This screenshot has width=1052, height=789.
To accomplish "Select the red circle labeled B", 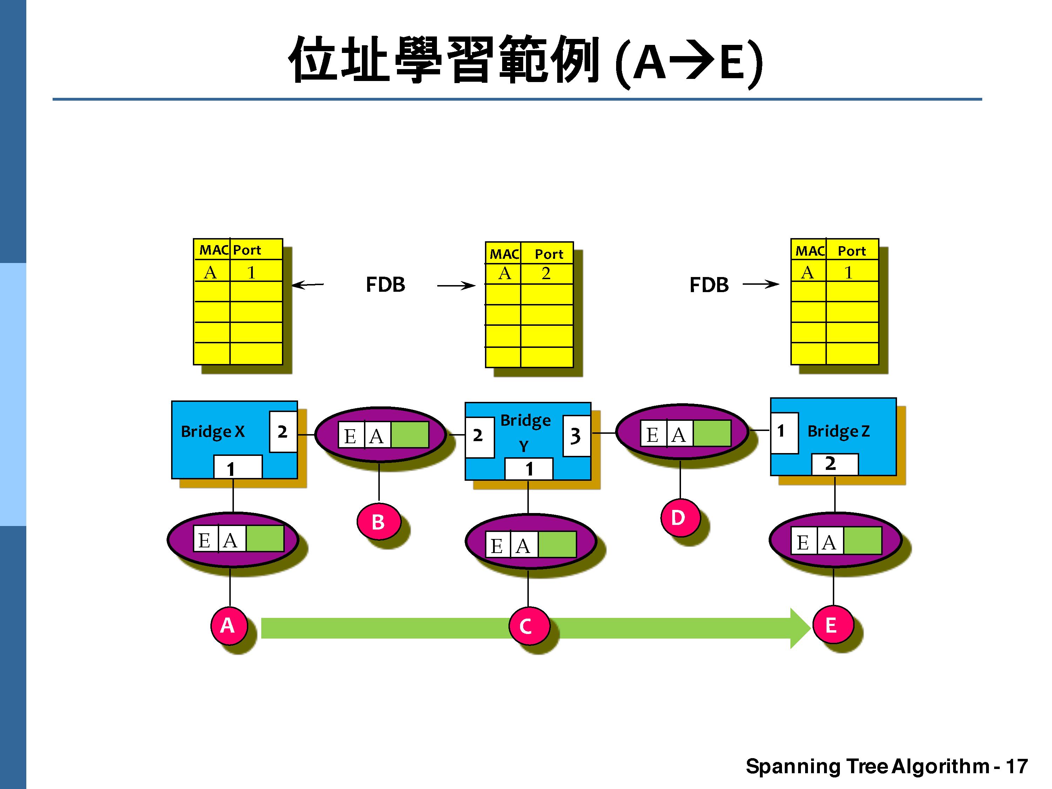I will [x=378, y=521].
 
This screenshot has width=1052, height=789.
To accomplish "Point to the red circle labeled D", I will [x=680, y=518].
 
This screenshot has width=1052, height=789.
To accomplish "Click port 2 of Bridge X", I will [x=283, y=431].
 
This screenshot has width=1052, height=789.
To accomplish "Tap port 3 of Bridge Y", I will [x=576, y=435].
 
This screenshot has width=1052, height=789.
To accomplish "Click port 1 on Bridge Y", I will [x=528, y=469].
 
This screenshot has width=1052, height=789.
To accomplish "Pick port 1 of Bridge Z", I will [x=783, y=432].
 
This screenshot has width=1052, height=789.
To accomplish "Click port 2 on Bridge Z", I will [x=834, y=464].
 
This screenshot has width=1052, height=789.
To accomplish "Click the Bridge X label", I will [x=213, y=431].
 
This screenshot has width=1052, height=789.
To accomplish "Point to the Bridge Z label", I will [x=838, y=431].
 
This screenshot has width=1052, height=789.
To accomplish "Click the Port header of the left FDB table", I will [x=247, y=250].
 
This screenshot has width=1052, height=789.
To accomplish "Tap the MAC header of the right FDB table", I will [x=809, y=251].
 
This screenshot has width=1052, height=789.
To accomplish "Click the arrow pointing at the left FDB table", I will [x=307, y=285].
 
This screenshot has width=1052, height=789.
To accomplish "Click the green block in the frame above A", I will [x=265, y=538].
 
